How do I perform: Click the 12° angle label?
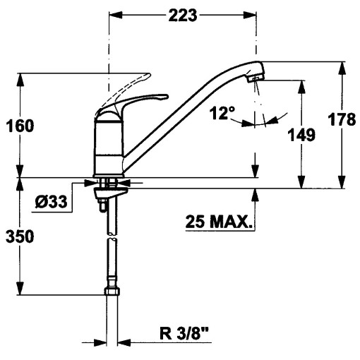222,112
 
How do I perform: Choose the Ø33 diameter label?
51,202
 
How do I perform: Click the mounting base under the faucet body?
109,184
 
